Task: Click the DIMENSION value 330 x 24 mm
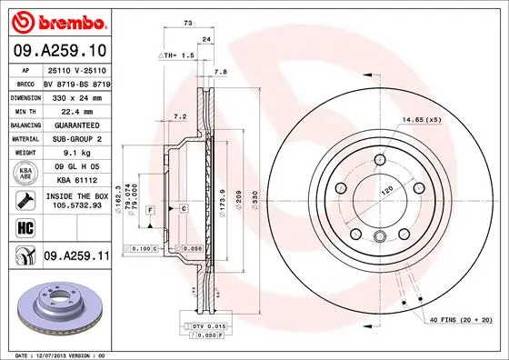(75, 95)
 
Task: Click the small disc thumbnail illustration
(56, 306)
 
